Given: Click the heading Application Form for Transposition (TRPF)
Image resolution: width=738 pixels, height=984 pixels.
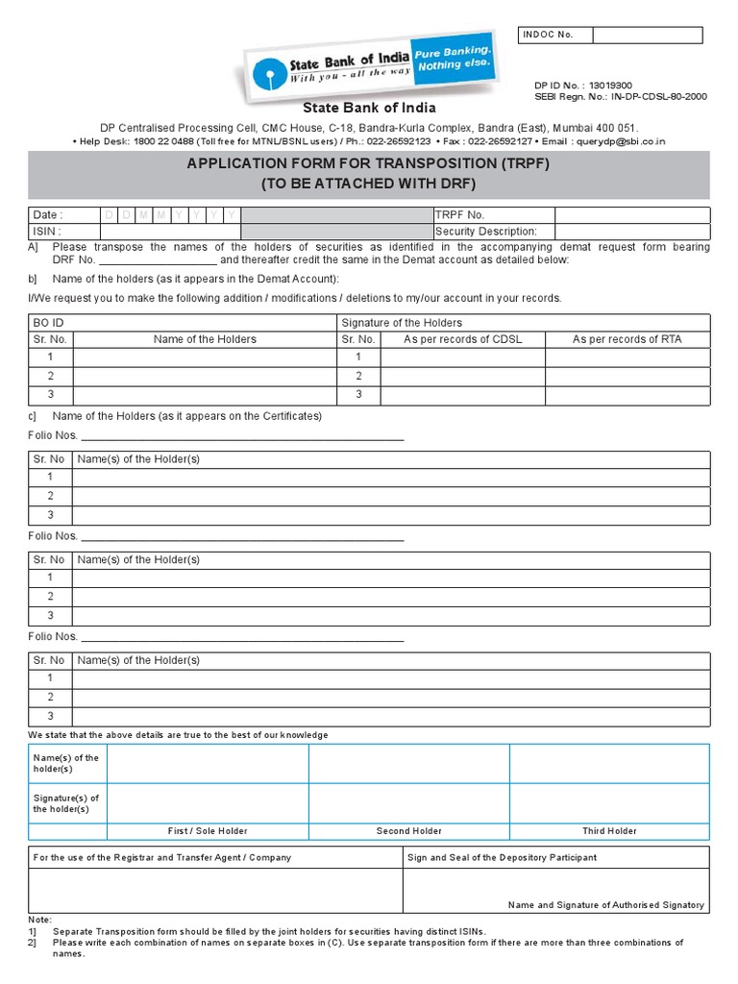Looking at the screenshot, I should pos(370,164).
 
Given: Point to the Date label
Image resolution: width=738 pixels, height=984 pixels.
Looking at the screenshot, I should pos(47,215).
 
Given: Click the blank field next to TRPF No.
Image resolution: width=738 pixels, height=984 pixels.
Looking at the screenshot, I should pos(632,215).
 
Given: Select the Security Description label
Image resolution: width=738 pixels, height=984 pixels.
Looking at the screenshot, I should pos(486,232).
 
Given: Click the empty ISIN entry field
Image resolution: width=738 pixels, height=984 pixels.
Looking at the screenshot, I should pos(169,232).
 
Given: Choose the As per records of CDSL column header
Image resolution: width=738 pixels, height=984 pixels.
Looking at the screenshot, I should pos(462,339).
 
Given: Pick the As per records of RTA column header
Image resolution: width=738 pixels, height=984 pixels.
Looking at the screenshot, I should pos(627,339).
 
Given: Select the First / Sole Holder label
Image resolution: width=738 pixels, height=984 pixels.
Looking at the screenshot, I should pos(208,831).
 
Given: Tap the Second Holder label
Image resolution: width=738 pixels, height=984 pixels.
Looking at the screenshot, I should pos(408,831).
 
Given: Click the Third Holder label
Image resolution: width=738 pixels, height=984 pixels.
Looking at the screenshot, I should pos(609,831).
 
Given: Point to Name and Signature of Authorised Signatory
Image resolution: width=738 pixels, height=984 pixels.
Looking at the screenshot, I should pos(605,905).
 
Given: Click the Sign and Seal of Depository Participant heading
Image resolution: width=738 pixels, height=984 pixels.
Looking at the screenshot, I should pos(502,857).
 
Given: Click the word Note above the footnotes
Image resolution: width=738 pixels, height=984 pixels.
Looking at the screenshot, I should pos(40,920).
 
